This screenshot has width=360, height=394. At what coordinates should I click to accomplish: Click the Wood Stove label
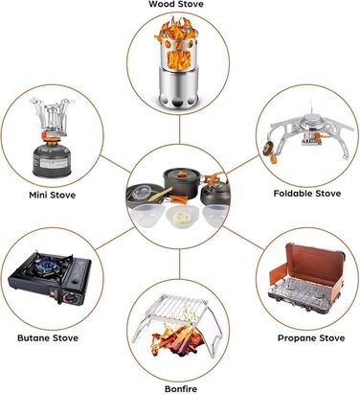(176, 4)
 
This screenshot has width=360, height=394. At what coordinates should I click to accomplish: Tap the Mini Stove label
(53, 195)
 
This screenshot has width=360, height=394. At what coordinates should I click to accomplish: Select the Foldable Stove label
(307, 194)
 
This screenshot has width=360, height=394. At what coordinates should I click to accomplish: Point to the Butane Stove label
(48, 338)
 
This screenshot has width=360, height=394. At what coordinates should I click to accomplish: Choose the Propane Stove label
(311, 338)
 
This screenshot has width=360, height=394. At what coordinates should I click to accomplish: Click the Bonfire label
(181, 389)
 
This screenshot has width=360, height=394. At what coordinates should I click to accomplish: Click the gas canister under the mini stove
(52, 160)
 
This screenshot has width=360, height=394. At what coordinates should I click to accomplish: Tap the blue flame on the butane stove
(49, 265)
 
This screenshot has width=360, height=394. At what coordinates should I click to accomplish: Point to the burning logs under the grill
(177, 341)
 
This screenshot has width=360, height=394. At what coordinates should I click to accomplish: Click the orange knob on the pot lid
(182, 174)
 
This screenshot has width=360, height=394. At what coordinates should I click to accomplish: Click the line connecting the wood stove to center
(180, 129)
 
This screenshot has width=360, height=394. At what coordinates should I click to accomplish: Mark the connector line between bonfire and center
(180, 264)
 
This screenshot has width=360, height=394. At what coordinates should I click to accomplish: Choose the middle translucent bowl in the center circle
(181, 216)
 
